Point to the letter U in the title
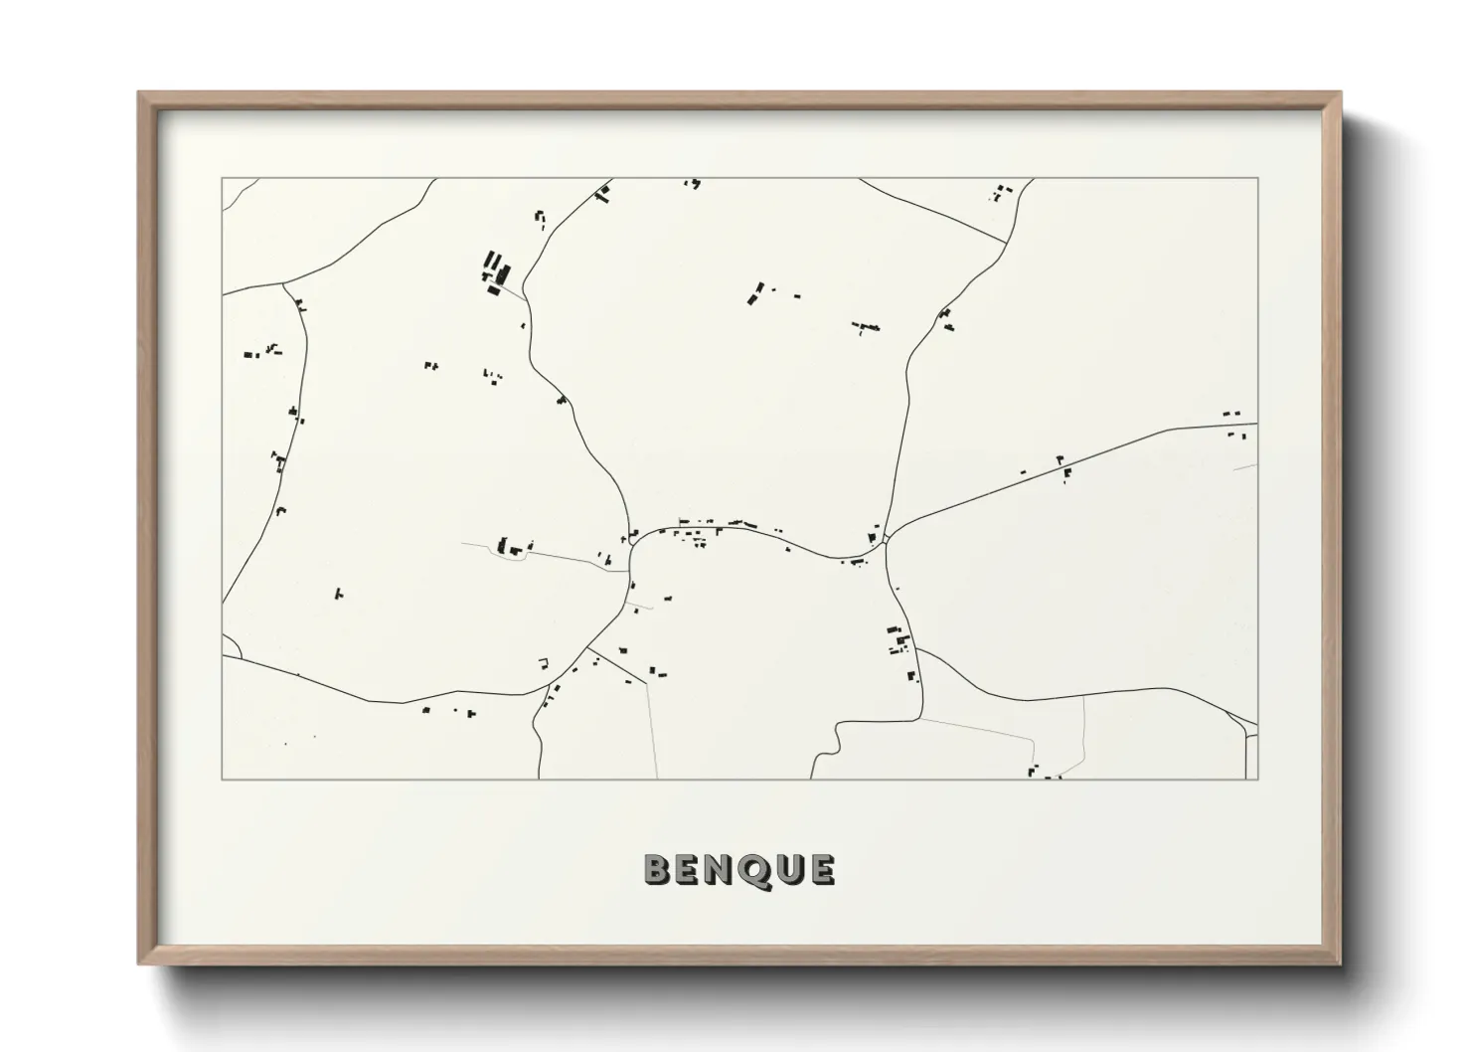(x=786, y=869)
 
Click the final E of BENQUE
(x=820, y=869)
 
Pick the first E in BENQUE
(x=688, y=869)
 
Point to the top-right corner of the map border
(x=1257, y=178)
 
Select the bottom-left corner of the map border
(x=222, y=779)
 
